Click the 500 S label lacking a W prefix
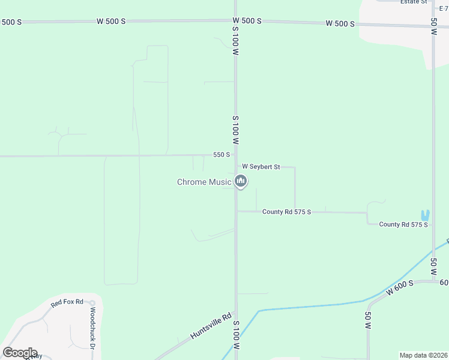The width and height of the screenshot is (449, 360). [x=11, y=22]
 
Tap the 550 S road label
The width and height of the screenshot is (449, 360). [x=221, y=155]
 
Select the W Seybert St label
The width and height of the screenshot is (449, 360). [x=261, y=166]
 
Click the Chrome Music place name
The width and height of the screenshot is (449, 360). [x=203, y=182]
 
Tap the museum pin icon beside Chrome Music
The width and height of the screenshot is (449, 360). [x=241, y=181]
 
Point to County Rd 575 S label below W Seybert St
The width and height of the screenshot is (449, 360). [x=286, y=212]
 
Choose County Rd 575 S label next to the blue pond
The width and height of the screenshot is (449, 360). [x=403, y=224]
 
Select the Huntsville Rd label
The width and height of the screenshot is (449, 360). [x=211, y=326]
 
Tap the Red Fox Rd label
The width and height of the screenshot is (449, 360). [x=66, y=303]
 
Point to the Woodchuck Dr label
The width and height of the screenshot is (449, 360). [x=93, y=329]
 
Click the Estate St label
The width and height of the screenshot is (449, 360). [x=414, y=2]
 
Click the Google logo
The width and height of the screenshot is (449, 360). [x=20, y=353]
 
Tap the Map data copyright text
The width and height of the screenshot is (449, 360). [x=423, y=355]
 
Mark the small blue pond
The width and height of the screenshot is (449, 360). [x=426, y=215]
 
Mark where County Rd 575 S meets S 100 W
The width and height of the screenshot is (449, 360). [x=236, y=211]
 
